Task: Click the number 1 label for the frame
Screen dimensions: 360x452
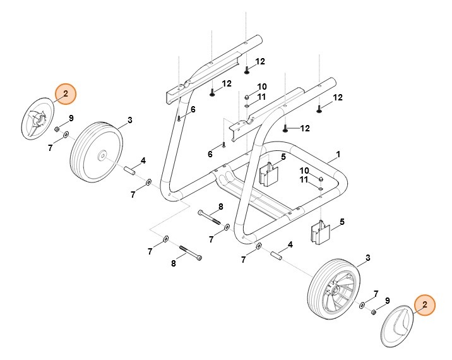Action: (x=338, y=154)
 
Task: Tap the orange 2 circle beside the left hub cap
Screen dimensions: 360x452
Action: (x=65, y=94)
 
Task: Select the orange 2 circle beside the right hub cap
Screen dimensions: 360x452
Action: (x=424, y=305)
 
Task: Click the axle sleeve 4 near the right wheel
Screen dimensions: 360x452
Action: (x=275, y=256)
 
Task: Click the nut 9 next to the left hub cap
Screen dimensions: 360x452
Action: (x=57, y=129)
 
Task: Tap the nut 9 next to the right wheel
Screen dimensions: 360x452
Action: (x=372, y=311)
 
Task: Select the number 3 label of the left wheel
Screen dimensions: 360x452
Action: (x=129, y=119)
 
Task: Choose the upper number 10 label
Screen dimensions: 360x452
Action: (x=261, y=87)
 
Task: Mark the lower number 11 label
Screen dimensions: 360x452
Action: (x=304, y=180)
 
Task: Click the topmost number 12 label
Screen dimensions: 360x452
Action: (x=260, y=61)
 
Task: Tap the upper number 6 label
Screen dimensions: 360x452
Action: (x=193, y=109)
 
